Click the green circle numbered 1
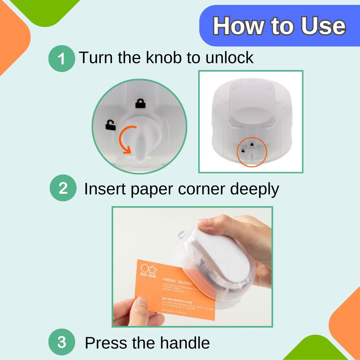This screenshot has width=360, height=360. pyautogui.click(x=62, y=59)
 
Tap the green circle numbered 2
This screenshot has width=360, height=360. pyautogui.click(x=63, y=188)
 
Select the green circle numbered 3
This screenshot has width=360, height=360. pyautogui.click(x=62, y=342)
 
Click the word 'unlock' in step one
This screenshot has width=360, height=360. pyautogui.click(x=229, y=58)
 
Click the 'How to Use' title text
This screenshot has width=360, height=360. pyautogui.click(x=279, y=26)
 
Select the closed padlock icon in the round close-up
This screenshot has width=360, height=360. pyautogui.click(x=140, y=104)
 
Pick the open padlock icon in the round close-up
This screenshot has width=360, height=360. pyautogui.click(x=110, y=125)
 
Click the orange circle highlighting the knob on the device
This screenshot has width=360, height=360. pyautogui.click(x=252, y=153)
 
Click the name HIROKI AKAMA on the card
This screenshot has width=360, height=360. pyautogui.click(x=177, y=282)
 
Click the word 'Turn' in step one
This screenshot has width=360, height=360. pyautogui.click(x=96, y=58)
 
